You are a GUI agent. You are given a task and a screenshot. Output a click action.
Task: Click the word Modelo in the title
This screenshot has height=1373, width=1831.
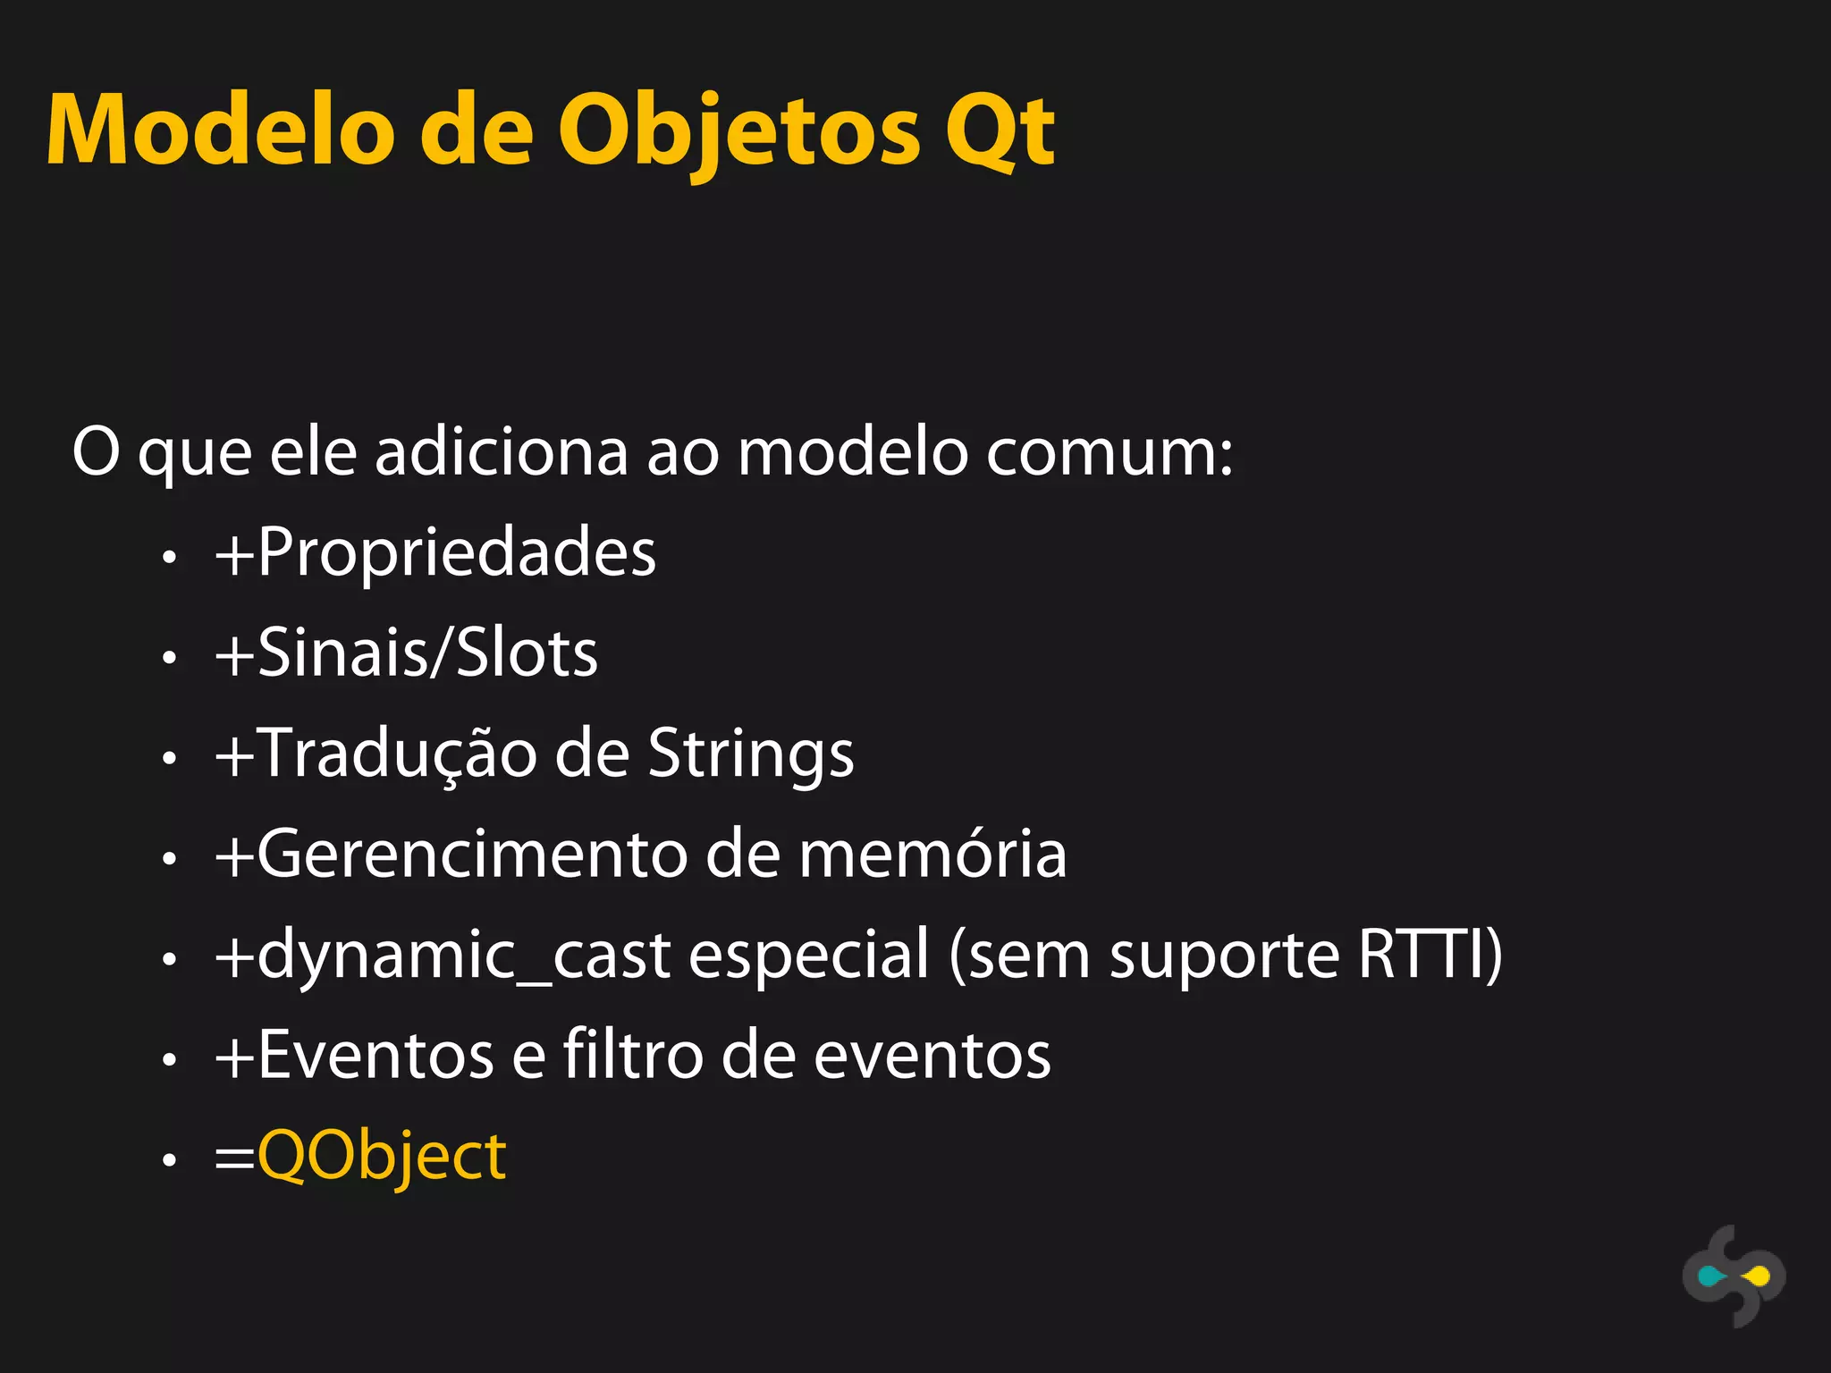(x=220, y=131)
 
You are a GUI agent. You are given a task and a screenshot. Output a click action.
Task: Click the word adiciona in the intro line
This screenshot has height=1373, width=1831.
(x=502, y=452)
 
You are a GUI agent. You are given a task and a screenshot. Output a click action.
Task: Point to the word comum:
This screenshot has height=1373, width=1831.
(x=1110, y=452)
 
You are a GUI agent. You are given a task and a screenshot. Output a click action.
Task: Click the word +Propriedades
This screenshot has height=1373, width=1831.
(x=435, y=552)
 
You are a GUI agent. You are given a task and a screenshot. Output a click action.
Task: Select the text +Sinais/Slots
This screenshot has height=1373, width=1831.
(x=407, y=653)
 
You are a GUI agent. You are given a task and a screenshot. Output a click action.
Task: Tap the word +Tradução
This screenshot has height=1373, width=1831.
(x=375, y=753)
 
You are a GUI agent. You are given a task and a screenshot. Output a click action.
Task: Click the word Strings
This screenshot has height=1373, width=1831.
(x=750, y=753)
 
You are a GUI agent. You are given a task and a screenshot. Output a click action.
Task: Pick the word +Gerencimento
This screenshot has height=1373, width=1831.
(x=451, y=854)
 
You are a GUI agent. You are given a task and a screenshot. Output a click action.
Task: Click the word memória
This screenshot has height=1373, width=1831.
(x=932, y=854)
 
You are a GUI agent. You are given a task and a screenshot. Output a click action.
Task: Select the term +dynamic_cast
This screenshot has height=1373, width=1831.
(x=443, y=955)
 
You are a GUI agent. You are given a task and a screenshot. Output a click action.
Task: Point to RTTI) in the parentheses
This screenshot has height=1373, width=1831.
(x=1430, y=955)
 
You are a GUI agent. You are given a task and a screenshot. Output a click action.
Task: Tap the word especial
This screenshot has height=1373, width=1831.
(x=808, y=955)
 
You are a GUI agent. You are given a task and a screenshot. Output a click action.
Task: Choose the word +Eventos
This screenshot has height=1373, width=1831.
(x=355, y=1055)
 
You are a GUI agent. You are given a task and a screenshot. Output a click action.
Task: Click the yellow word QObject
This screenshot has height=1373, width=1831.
(x=382, y=1156)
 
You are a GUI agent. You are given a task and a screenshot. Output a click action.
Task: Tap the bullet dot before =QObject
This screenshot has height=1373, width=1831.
(x=169, y=1160)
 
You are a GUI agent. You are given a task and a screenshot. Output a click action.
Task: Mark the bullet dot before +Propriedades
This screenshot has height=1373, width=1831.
(x=169, y=557)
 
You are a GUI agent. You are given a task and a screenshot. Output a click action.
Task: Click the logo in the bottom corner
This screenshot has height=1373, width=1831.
(x=1734, y=1276)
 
